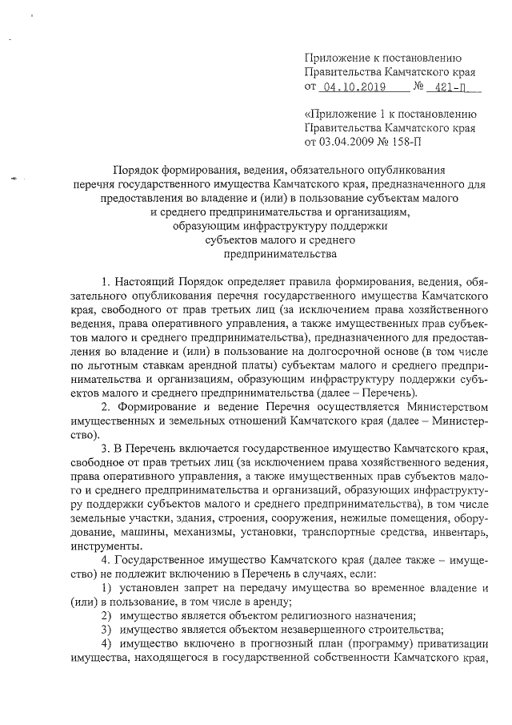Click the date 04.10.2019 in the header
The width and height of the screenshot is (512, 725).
click(x=351, y=87)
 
